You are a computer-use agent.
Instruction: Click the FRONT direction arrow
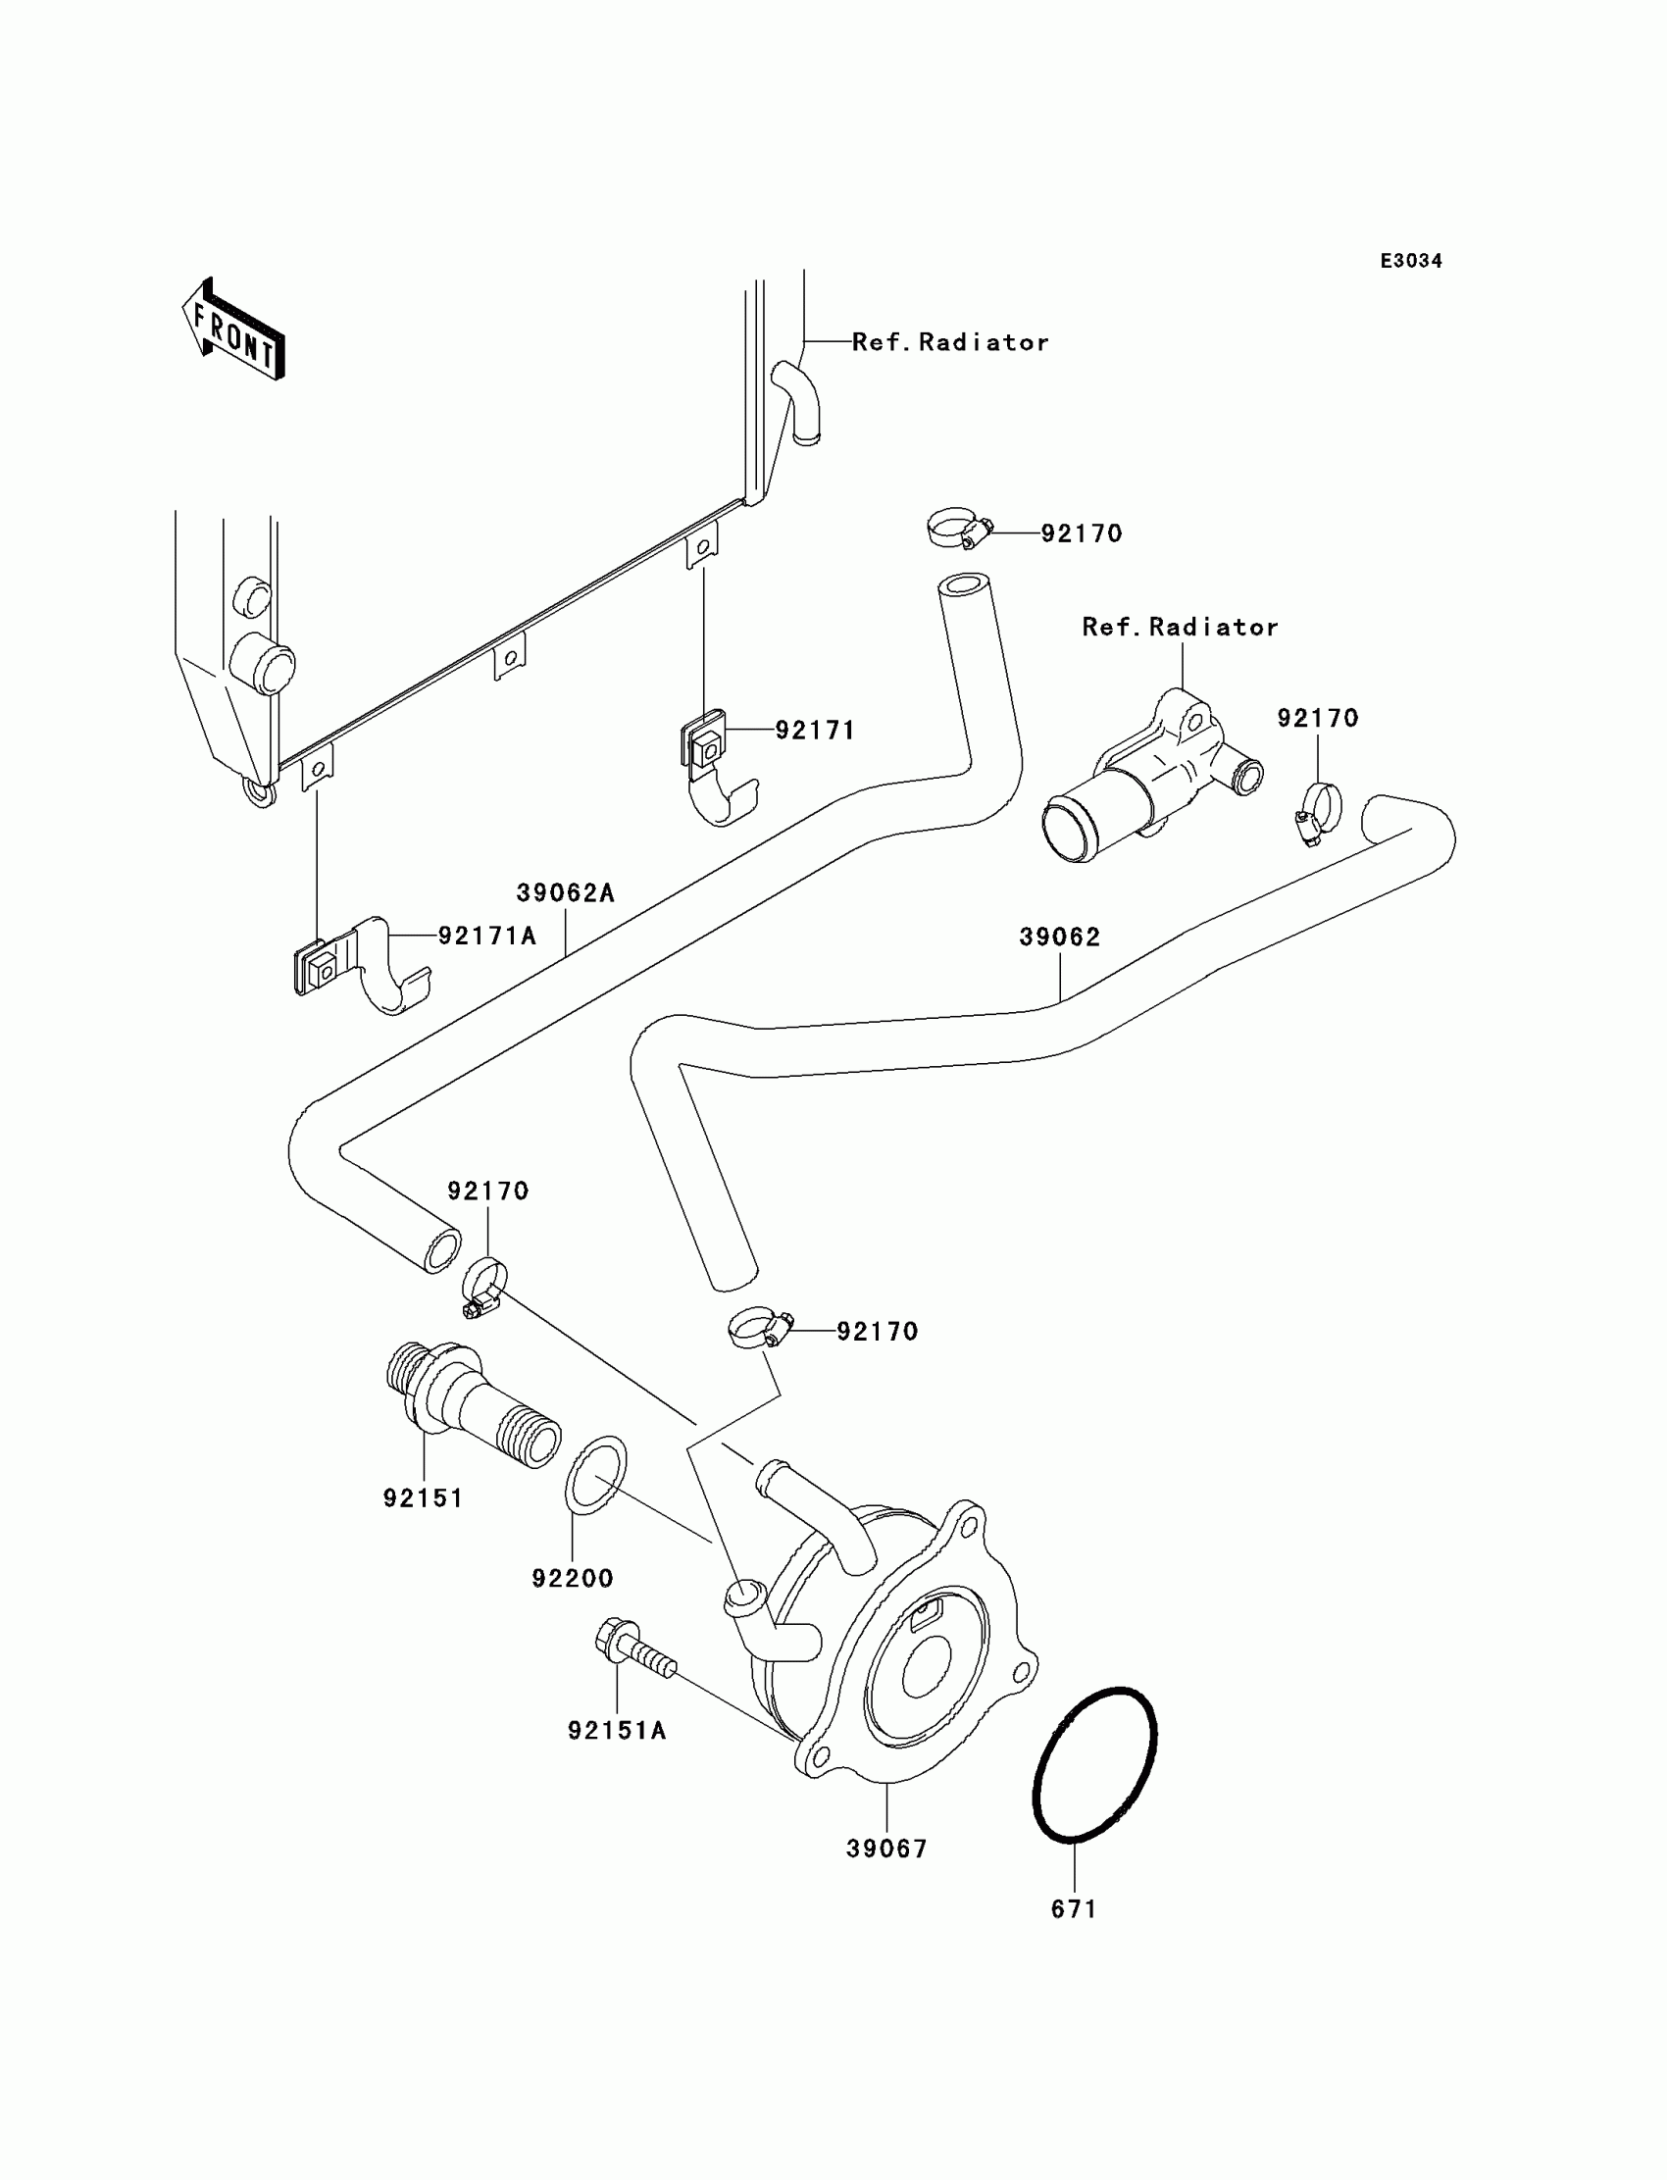coord(234,330)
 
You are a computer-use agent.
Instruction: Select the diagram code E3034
coord(1411,261)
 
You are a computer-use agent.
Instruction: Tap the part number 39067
coord(887,1849)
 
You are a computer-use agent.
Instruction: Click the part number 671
coord(1074,1908)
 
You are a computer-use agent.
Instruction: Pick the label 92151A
coord(616,1731)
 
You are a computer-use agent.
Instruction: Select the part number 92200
coord(573,1578)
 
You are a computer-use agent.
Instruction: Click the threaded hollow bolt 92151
coord(472,1400)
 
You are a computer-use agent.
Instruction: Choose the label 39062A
coord(566,893)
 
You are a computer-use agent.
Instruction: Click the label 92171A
coord(487,935)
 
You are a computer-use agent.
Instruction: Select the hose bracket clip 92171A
coord(360,966)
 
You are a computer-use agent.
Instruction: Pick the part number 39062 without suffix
coord(1060,937)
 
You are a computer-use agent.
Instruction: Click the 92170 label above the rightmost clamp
coord(1318,718)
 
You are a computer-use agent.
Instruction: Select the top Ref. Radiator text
coord(949,342)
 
